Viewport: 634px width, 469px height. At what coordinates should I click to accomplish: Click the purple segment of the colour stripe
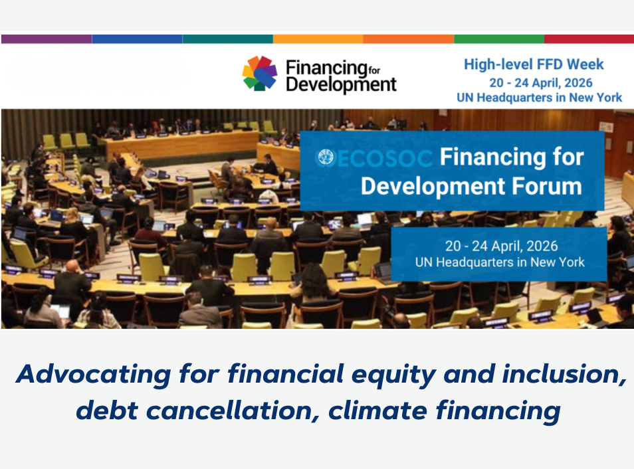coord(47,39)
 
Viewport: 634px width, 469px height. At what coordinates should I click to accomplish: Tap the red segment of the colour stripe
coord(589,39)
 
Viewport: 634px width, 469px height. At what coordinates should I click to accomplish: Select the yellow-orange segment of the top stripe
coord(318,39)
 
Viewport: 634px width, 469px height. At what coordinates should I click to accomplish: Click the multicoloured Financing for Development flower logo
coord(260,73)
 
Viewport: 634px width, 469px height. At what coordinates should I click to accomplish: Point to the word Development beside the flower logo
coord(342,85)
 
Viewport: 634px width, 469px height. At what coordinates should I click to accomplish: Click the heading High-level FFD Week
coord(534,64)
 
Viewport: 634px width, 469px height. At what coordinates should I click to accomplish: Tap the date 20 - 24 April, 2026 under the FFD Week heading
coord(540,82)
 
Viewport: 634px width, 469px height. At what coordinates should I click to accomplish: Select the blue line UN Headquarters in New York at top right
coord(540,98)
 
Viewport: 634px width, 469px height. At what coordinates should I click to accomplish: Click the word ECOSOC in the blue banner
coord(385,158)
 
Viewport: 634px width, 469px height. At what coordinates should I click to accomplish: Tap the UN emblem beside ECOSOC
coord(326,157)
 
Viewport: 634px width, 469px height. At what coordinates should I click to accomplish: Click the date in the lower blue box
coord(501,246)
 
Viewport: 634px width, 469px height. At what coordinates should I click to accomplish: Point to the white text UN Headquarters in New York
coord(500,262)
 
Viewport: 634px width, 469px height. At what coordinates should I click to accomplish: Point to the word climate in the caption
coord(378,411)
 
